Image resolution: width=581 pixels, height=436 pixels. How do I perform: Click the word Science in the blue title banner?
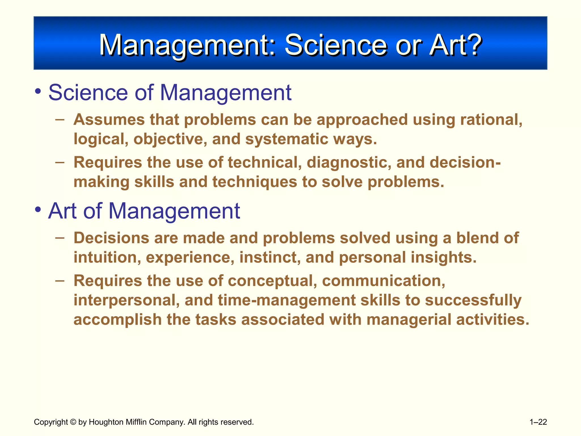point(336,45)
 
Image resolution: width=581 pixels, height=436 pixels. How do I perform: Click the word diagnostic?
point(349,162)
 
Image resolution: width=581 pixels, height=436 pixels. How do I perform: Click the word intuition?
point(107,257)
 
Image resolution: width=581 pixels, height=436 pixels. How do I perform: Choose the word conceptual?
point(272,281)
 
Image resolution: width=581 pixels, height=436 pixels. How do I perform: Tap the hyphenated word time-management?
point(287,300)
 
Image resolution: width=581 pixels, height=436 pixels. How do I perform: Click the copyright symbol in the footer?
point(73,422)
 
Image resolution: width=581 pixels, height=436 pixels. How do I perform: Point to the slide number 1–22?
point(538,422)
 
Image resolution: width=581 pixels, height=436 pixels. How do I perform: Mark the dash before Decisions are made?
point(60,238)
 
